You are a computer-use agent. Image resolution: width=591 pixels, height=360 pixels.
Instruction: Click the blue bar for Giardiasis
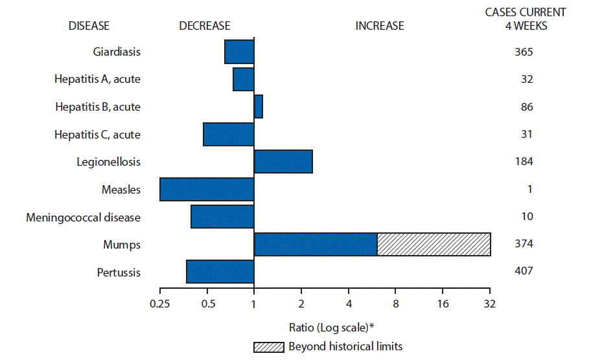tap(239, 52)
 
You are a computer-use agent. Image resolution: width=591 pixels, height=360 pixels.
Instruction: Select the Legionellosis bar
tap(283, 162)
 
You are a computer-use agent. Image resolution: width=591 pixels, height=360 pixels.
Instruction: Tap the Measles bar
tap(207, 189)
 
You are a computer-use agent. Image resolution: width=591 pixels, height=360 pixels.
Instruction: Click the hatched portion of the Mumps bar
tap(434, 244)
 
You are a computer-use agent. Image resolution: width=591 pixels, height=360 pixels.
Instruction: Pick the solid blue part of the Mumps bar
tap(316, 244)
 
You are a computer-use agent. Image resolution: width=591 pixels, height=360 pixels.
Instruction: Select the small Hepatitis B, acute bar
tap(258, 107)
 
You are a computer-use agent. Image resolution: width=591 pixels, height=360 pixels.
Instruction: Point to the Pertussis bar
tap(220, 271)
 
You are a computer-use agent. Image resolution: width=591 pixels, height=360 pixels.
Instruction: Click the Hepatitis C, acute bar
tap(228, 134)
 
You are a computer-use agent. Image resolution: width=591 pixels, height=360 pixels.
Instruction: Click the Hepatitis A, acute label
tap(97, 79)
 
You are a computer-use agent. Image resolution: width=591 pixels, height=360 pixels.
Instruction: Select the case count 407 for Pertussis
tap(522, 271)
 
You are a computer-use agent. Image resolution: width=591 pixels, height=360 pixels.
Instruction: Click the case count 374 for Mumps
tap(522, 244)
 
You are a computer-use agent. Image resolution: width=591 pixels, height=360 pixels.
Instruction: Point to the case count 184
tap(522, 162)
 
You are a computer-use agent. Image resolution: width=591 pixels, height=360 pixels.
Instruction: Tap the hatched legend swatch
tap(268, 346)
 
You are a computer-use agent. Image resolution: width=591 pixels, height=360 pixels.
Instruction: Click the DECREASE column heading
tap(205, 26)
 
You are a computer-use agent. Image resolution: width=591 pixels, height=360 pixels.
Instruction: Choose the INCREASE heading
tap(379, 26)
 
